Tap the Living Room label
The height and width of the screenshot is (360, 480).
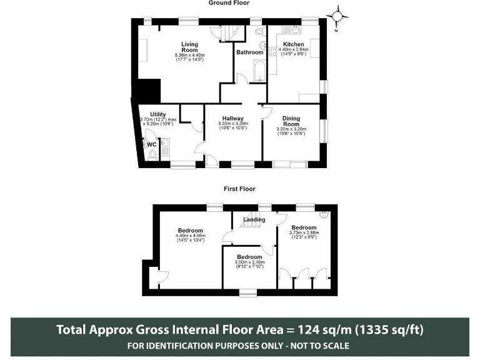click(189, 47)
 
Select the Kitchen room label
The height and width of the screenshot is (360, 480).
click(293, 44)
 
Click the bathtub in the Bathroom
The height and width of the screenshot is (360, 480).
click(256, 71)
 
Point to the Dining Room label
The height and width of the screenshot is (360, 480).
click(291, 121)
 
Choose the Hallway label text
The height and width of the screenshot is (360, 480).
click(233, 118)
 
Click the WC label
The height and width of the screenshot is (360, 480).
click(151, 144)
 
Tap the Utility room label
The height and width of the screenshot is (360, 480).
click(158, 114)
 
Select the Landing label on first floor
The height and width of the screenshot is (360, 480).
click(254, 219)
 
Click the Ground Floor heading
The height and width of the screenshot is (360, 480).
click(228, 3)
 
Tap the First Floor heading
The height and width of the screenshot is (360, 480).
click(239, 188)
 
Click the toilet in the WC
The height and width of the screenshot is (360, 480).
click(152, 154)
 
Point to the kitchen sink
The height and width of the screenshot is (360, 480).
click(291, 29)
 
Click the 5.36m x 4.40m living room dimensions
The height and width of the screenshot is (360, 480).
click(189, 57)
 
